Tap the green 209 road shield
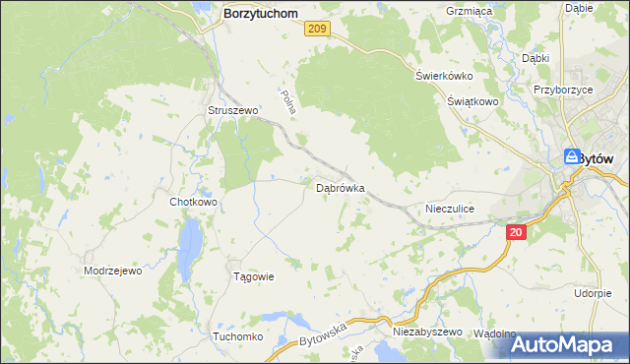316,30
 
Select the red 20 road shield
519,232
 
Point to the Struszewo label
232,111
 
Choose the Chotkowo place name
193,202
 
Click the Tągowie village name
252,276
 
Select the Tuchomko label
236,336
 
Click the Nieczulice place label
451,209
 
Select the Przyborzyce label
562,88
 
